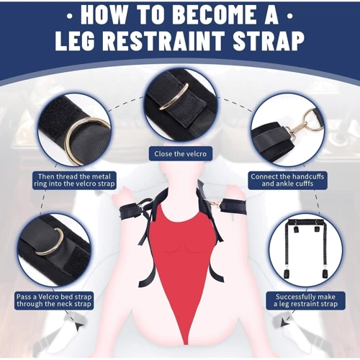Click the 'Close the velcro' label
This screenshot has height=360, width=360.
(180, 153)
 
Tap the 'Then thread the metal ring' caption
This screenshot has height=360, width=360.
(74, 180)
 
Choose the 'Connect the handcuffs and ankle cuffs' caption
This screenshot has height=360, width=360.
(287, 180)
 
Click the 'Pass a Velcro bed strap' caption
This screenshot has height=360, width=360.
(54, 300)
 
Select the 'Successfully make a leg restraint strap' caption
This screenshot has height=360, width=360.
(305, 300)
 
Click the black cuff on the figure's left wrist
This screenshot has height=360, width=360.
(234, 207)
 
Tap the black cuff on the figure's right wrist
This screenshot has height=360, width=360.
(132, 211)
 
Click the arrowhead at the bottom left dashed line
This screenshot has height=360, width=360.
(78, 327)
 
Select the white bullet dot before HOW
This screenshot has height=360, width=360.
(70, 17)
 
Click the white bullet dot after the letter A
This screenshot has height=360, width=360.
(290, 17)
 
